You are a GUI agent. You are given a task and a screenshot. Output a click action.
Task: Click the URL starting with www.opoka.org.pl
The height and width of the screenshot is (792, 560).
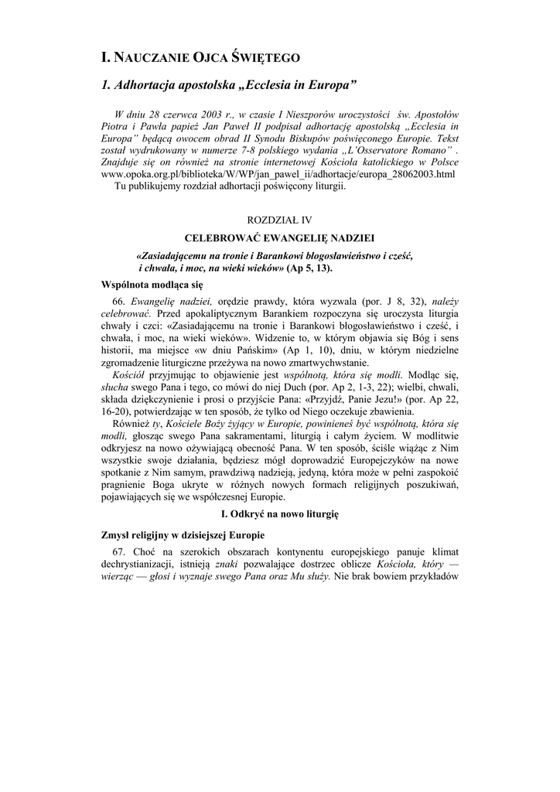(278, 174)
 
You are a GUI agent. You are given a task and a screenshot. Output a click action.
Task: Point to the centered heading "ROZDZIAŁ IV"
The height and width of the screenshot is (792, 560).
(279, 220)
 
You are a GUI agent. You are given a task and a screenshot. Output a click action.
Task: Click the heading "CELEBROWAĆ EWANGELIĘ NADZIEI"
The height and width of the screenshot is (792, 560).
(280, 239)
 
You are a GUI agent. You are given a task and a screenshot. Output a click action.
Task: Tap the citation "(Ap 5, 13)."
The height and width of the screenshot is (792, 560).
(309, 268)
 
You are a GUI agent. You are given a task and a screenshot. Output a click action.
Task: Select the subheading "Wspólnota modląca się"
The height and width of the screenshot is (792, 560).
(147, 285)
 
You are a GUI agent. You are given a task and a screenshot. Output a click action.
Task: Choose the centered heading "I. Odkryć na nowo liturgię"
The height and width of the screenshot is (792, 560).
(280, 514)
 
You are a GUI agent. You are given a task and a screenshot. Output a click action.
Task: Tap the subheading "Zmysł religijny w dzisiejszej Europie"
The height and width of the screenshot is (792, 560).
(183, 534)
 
